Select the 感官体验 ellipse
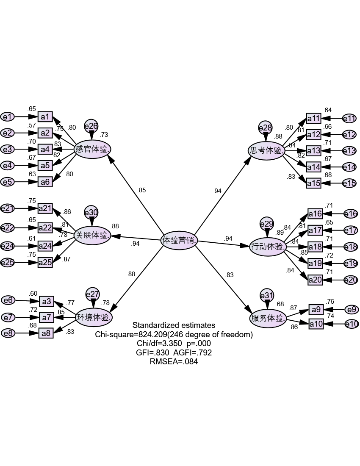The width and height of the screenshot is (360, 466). click(93, 149)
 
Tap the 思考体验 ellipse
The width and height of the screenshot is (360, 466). click(266, 150)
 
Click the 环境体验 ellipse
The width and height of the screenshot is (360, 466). click(94, 317)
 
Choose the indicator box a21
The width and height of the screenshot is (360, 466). click(45, 208)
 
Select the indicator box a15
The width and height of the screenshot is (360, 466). click(314, 183)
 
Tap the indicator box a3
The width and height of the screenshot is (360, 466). click(46, 301)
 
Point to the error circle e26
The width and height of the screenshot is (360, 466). click(91, 126)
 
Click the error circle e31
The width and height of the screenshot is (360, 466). click(267, 296)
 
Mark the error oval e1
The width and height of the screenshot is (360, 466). click(8, 116)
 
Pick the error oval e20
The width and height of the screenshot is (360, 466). click(350, 280)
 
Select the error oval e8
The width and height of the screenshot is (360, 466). click(8, 333)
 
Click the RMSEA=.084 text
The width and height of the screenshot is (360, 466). click(174, 362)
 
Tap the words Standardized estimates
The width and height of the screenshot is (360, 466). click(174, 325)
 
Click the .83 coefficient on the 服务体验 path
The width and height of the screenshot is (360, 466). click(230, 275)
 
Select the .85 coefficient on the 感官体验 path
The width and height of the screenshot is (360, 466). click(141, 190)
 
